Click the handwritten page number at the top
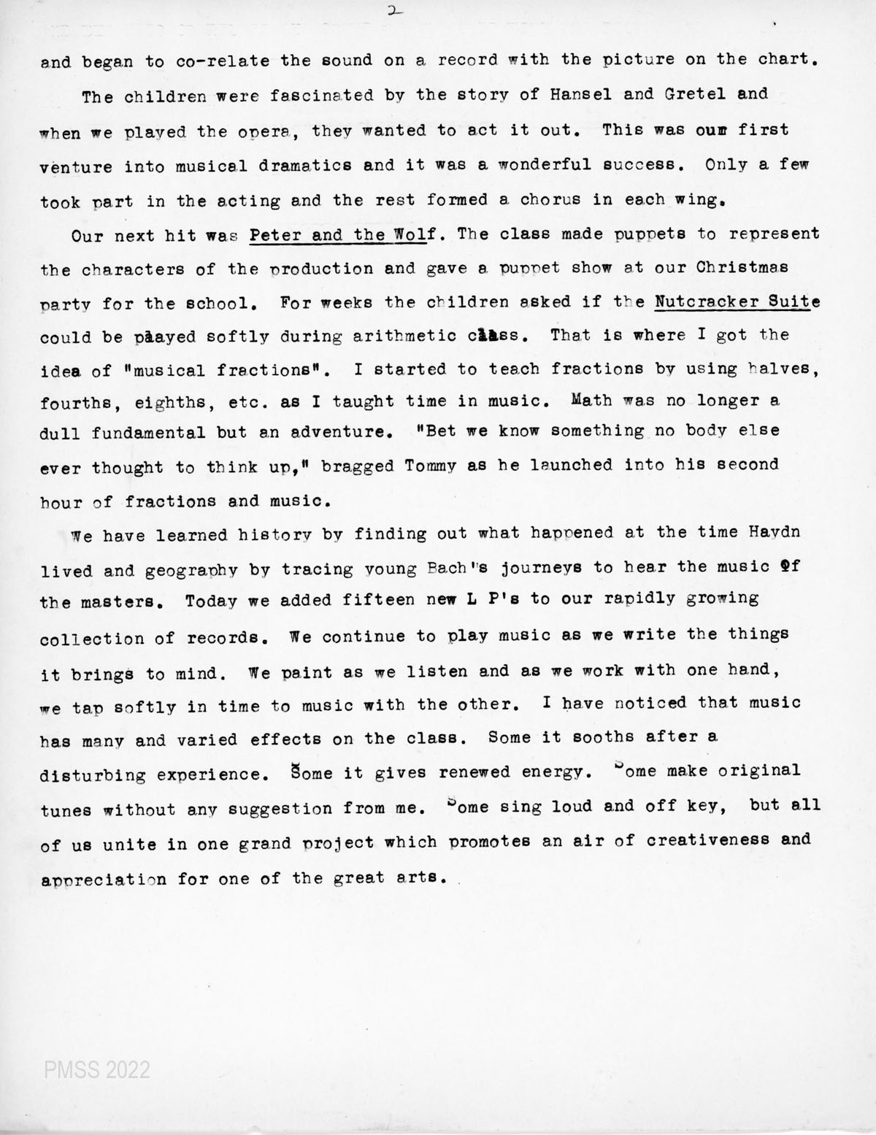(396, 11)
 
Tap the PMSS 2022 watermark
(96, 1070)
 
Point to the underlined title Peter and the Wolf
(342, 235)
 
